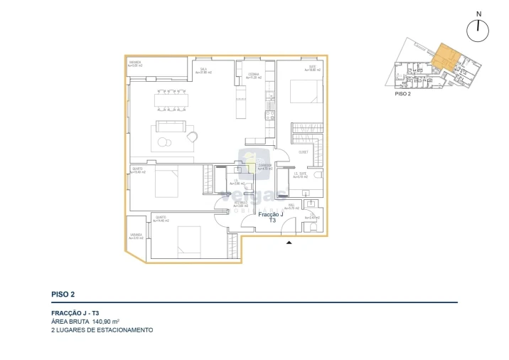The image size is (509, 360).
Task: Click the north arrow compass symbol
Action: pos(479,29)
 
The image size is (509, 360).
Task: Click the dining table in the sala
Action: pos(172,100)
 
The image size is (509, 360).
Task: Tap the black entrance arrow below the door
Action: pos(288,243)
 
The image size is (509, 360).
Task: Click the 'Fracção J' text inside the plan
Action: pos(271,214)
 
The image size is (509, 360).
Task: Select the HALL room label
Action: pos(290,207)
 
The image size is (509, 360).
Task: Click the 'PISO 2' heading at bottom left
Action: pos(63,294)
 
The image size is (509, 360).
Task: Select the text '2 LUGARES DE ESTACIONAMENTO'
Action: pos(102,330)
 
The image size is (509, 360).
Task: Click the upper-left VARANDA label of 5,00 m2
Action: pos(135,64)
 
